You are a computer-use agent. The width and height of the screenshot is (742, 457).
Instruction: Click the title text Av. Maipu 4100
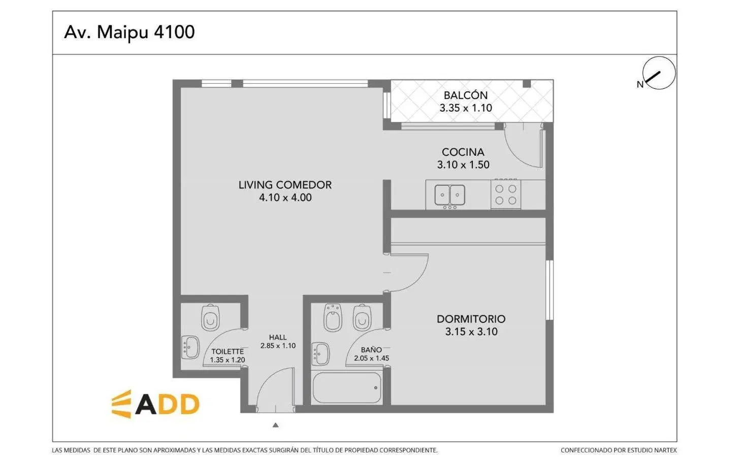click(x=129, y=32)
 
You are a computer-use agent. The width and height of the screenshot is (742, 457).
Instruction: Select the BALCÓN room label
click(x=466, y=95)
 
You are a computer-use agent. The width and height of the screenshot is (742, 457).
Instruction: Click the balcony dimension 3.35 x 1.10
click(x=466, y=108)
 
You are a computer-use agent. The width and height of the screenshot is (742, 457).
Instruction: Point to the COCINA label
click(x=463, y=152)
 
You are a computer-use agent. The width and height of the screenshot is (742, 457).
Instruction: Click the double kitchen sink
click(x=450, y=195)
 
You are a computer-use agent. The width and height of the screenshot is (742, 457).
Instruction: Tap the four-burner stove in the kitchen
click(x=506, y=194)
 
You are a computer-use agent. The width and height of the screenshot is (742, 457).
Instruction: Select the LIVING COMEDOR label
click(x=285, y=185)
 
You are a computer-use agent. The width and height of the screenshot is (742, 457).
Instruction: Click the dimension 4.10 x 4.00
click(x=285, y=198)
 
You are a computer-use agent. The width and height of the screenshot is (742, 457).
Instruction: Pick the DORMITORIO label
click(x=471, y=319)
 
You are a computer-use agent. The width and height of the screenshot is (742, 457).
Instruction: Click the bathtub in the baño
click(x=347, y=388)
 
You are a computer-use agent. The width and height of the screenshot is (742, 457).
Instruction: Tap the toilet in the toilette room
click(x=210, y=317)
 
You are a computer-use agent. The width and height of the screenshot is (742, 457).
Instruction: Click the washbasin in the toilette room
click(x=190, y=347)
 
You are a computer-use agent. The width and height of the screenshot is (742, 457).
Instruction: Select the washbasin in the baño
click(x=320, y=354)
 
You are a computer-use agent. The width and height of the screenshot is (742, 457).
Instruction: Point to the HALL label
click(x=278, y=338)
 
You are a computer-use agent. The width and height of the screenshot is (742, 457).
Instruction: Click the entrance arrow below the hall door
click(x=276, y=425)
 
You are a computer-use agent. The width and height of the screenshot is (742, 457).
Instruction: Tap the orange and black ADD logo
click(x=155, y=404)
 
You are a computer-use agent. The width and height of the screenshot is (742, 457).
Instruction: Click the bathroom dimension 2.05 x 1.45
click(x=371, y=358)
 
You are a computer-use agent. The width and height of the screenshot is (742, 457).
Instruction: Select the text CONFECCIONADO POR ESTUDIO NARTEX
click(x=619, y=450)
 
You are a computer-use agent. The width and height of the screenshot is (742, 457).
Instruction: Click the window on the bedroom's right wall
click(x=550, y=290)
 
